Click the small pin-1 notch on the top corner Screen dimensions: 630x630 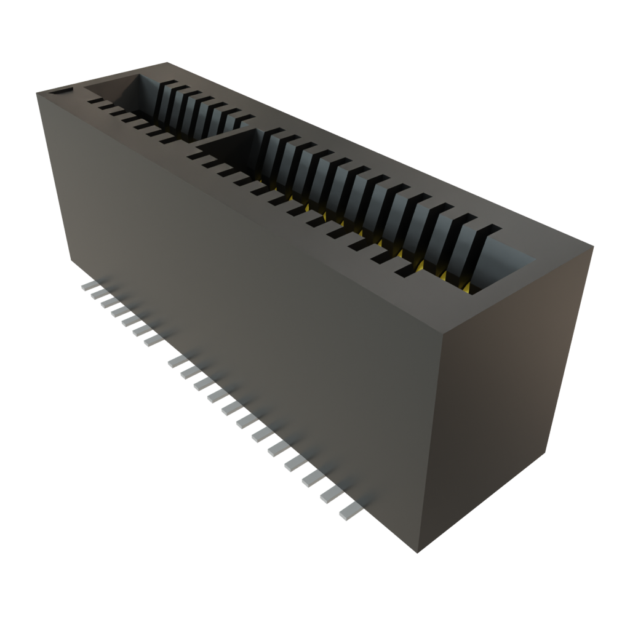tap(60, 92)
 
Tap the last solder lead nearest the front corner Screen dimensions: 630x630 tap(348, 511)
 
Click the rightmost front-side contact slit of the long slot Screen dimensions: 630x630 tap(406, 271)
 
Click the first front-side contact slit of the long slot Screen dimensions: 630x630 tap(196, 156)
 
